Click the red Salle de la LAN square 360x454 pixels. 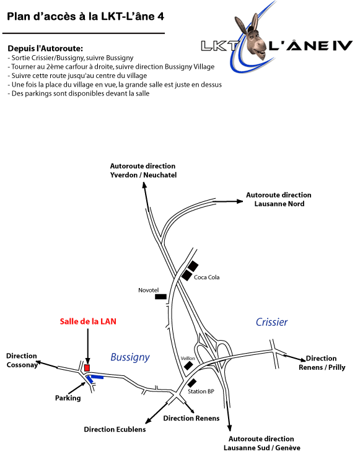tap(87, 368)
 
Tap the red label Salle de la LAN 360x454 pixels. tap(88, 321)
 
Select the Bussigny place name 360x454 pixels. tap(130, 357)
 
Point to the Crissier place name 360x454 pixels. tap(271, 322)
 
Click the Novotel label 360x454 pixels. tap(148, 290)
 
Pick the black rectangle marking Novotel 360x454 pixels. tap(160, 297)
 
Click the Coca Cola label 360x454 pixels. tap(206, 277)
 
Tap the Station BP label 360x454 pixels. tap(201, 391)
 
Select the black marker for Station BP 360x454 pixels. tap(191, 383)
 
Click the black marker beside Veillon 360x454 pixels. tap(188, 365)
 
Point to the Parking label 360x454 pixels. tap(68, 398)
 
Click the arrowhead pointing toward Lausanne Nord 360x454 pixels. tap(240, 201)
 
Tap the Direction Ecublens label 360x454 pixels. tap(115, 429)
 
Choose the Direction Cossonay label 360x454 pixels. tap(22, 360)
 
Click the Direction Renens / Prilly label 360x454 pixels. tap(322, 363)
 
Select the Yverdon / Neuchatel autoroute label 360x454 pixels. tap(143, 170)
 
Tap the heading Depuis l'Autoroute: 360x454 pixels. tap(45, 48)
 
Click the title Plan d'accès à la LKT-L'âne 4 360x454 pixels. tap(86, 17)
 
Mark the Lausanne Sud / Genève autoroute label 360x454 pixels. tap(261, 443)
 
